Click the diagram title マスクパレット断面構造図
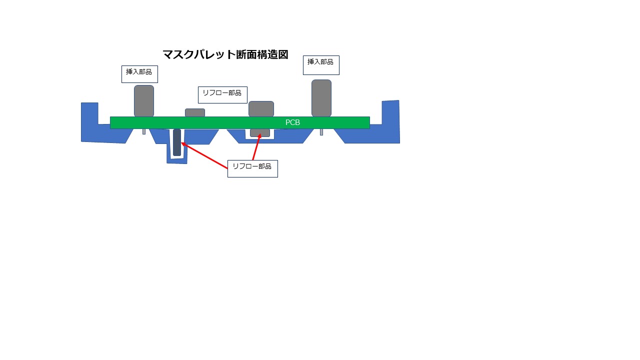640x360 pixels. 225,54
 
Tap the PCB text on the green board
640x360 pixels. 292,122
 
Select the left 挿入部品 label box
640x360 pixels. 139,74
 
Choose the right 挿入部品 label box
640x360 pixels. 321,65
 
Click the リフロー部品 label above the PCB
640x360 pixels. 222,95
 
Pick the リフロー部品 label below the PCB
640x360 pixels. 252,168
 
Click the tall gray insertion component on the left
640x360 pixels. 144,101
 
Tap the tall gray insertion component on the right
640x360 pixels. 321,98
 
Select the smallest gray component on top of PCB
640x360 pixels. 195,112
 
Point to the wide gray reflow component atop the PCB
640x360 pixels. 261,109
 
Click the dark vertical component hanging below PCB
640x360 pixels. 177,142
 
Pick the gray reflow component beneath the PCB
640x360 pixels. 260,132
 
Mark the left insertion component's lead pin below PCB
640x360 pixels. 144,131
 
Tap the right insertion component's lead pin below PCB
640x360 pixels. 321,132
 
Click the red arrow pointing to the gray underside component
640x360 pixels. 256,147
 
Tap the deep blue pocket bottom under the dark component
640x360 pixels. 177,160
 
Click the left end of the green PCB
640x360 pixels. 110,122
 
